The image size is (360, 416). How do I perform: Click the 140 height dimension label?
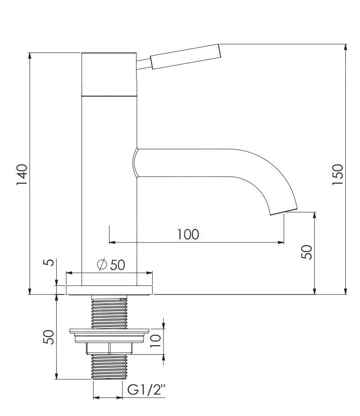tap(22, 175)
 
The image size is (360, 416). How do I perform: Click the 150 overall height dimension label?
tap(338, 175)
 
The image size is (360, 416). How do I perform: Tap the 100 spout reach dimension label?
tap(188, 234)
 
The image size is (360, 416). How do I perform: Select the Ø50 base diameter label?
tap(111, 264)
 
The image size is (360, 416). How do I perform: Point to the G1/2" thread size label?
tap(146, 390)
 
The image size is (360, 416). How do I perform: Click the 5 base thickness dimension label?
tap(48, 263)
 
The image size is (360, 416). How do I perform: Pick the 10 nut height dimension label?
tap(156, 341)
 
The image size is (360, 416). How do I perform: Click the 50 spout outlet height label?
tap(307, 252)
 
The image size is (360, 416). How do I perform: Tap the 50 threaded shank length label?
tap(48, 337)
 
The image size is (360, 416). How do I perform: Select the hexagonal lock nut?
tap(109, 348)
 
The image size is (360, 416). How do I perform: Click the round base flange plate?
tap(109, 290)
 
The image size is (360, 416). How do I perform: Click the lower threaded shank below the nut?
tap(109, 366)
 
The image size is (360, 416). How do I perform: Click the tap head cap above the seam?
tap(109, 74)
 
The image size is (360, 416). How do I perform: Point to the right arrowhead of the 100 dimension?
tap(281, 242)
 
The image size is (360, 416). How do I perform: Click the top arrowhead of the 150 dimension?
tap(345, 47)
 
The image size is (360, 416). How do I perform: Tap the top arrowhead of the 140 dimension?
tap(30, 56)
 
